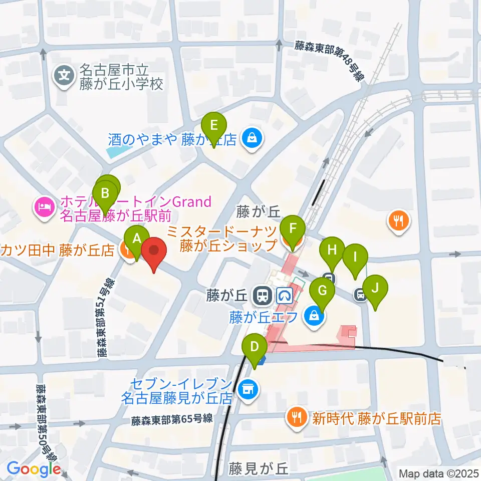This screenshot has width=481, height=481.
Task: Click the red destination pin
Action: click(x=154, y=254)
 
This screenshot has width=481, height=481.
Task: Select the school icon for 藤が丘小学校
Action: click(x=65, y=76)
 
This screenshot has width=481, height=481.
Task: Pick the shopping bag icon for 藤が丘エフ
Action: click(x=314, y=316)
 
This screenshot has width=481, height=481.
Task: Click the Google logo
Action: click(x=34, y=469)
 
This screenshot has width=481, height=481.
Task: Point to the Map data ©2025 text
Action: click(x=438, y=472)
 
